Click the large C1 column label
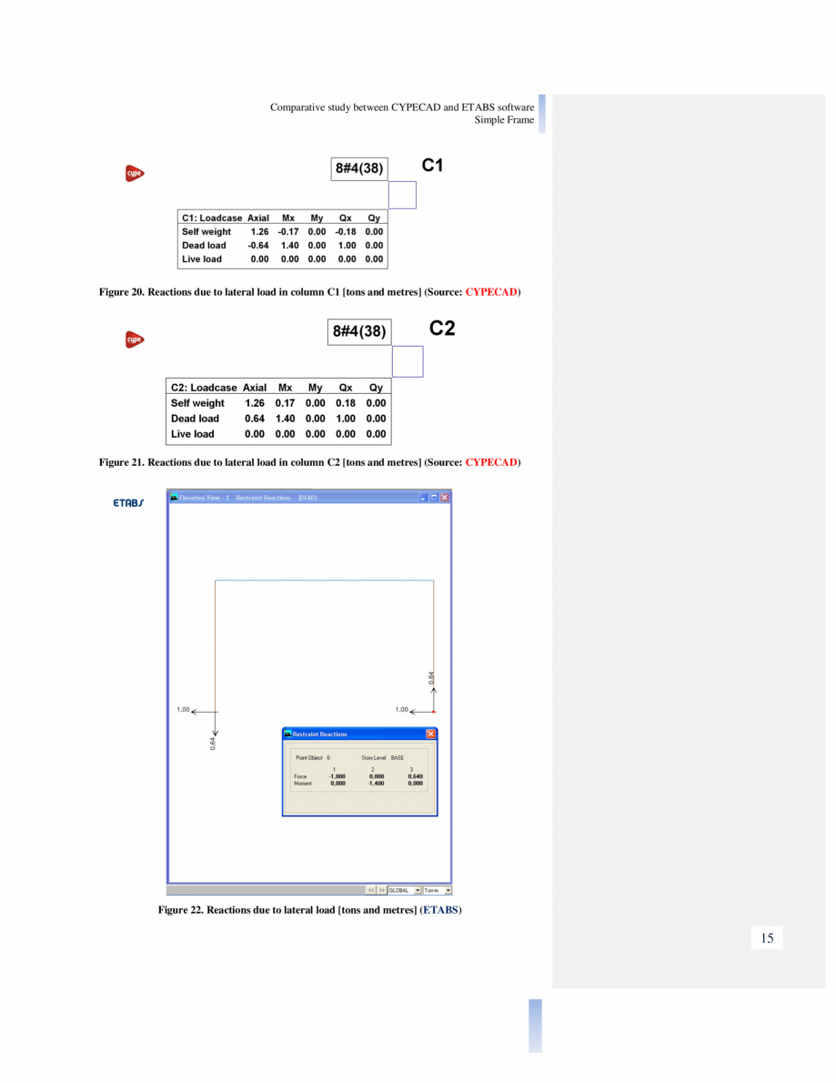(432, 166)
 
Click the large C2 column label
(442, 329)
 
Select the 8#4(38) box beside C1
(359, 168)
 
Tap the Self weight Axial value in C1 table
(259, 232)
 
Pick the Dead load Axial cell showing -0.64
(258, 246)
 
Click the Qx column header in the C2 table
(346, 388)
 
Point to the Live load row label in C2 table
(193, 434)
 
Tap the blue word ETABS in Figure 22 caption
(440, 910)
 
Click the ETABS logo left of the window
(128, 503)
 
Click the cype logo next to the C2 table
(135, 339)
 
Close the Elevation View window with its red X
(445, 498)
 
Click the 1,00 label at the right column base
(401, 710)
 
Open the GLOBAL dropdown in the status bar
(405, 890)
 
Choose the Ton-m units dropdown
(438, 890)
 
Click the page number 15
(767, 938)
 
